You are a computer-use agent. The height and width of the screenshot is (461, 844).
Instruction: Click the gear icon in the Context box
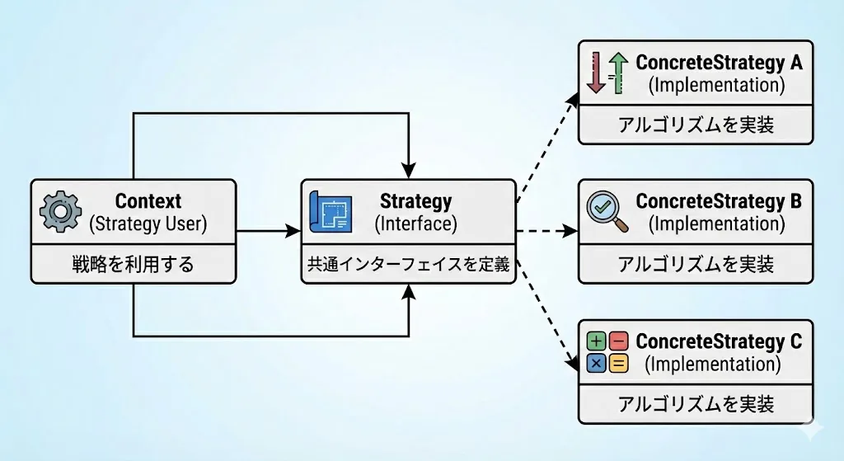pyautogui.click(x=61, y=212)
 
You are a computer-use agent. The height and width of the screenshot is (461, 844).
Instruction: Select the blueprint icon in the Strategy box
pyautogui.click(x=331, y=212)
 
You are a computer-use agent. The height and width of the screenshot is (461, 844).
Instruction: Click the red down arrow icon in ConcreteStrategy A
pyautogui.click(x=596, y=73)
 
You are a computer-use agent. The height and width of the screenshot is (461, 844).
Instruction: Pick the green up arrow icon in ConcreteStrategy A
pyautogui.click(x=619, y=73)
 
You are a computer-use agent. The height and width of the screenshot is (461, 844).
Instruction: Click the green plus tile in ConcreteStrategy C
pyautogui.click(x=596, y=341)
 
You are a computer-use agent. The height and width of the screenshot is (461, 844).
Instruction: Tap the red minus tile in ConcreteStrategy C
pyautogui.click(x=619, y=341)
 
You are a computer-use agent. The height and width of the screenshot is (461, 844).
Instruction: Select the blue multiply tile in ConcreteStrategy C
pyautogui.click(x=596, y=364)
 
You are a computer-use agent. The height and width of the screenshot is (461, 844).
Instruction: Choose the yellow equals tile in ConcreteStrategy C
pyautogui.click(x=619, y=364)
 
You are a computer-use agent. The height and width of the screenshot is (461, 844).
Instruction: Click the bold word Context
pyautogui.click(x=148, y=201)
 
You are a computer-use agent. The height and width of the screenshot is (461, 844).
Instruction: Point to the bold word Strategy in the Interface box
pyautogui.click(x=415, y=202)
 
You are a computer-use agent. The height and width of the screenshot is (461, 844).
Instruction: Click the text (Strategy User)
pyautogui.click(x=148, y=224)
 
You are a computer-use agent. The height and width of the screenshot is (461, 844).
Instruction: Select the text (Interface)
pyautogui.click(x=415, y=224)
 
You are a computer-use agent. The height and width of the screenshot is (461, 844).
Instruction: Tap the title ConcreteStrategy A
pyautogui.click(x=719, y=63)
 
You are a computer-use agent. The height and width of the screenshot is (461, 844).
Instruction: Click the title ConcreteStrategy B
pyautogui.click(x=719, y=202)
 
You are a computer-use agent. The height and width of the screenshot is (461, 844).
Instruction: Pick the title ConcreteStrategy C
pyautogui.click(x=719, y=342)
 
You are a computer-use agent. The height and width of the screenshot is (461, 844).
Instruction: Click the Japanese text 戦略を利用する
pyautogui.click(x=133, y=265)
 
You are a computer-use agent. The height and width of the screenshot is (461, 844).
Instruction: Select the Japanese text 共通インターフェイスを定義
pyautogui.click(x=409, y=265)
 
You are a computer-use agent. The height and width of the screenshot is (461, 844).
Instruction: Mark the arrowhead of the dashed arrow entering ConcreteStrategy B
pyautogui.click(x=570, y=232)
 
